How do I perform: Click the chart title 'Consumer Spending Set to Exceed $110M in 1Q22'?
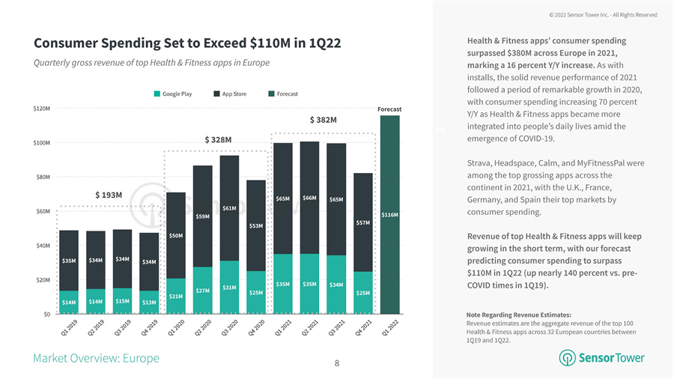coord(187,43)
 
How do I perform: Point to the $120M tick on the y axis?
coord(42,109)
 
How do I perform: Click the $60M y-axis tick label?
coord(42,211)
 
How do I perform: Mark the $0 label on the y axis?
coord(46,314)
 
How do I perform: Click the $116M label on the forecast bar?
coord(389,215)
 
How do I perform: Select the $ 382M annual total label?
coord(323,120)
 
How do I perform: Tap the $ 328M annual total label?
coord(218,140)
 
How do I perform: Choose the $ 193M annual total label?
coord(109,195)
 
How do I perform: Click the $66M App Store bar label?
coord(309,198)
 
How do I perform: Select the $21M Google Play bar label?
coord(176,297)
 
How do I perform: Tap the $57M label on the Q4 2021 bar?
coord(363,222)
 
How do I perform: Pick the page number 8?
coord(337,363)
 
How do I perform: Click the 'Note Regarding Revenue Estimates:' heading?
coord(518,315)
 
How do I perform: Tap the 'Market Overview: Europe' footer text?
coord(96,358)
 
